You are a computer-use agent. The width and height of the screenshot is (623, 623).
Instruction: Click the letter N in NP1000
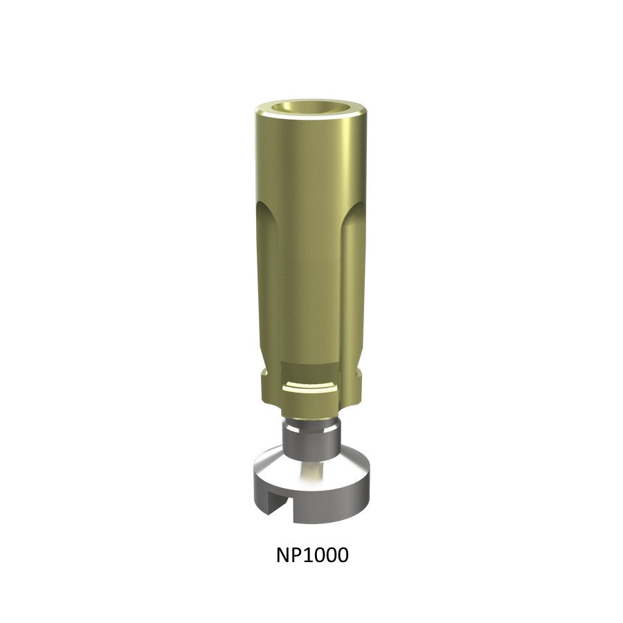[283, 555]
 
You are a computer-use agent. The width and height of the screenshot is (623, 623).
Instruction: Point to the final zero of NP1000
[343, 555]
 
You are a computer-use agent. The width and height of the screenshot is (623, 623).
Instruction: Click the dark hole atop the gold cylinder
[310, 108]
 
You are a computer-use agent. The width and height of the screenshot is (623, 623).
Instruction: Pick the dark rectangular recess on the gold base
[310, 372]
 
